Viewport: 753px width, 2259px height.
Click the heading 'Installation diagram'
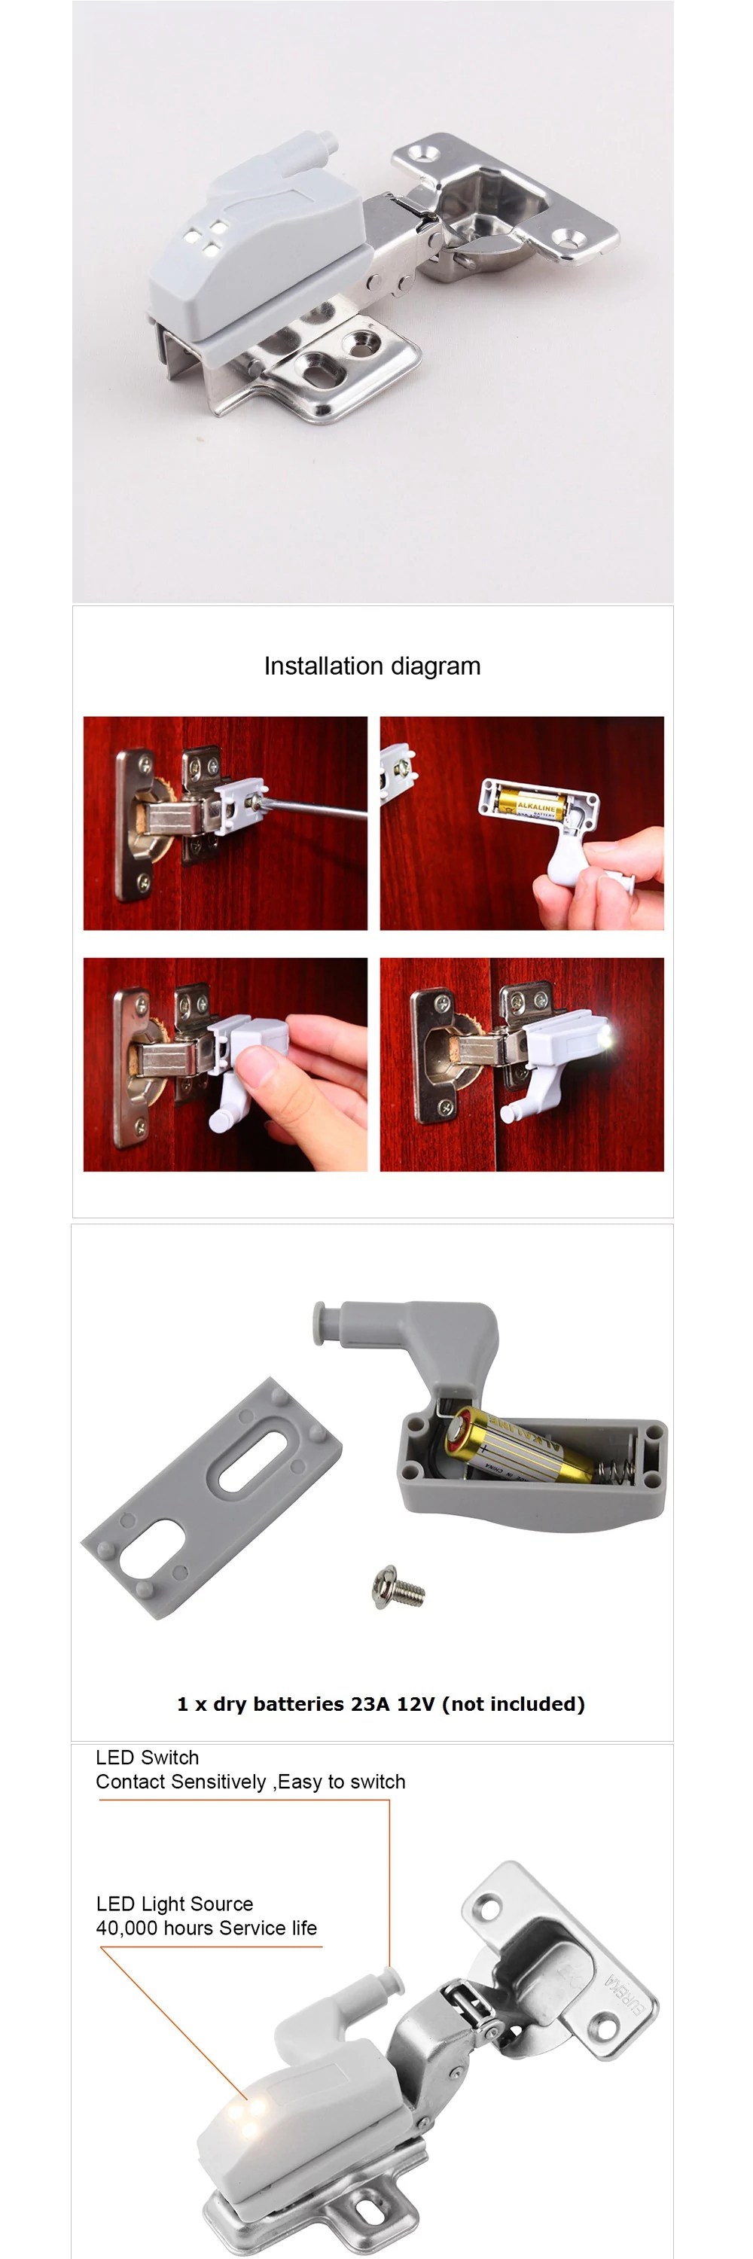[372, 666]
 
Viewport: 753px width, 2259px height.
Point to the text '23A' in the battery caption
[370, 1704]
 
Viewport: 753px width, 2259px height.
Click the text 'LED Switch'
[148, 1758]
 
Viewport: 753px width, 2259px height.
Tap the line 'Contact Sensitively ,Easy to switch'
[251, 1781]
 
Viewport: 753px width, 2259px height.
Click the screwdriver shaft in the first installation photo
[316, 809]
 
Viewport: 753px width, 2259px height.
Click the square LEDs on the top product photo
[205, 239]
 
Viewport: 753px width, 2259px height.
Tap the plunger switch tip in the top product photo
[327, 139]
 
